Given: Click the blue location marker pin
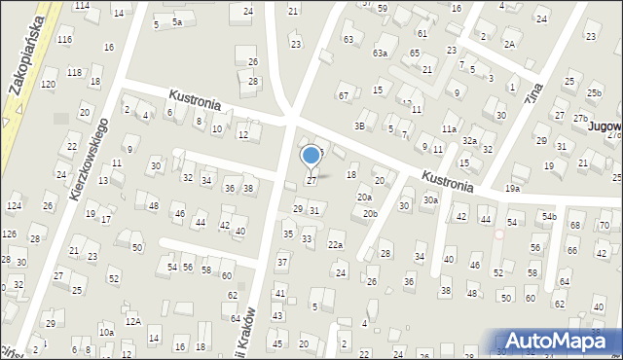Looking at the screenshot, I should coord(311,157).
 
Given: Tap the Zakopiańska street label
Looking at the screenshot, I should coord(26,57).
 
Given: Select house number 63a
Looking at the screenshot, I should coord(380,53).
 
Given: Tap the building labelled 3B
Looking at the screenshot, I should coord(359,126).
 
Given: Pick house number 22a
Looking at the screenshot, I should coord(336,244).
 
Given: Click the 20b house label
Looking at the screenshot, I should coord(370,213).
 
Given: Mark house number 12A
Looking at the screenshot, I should coord(132,321).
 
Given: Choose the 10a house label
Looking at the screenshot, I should coord(106,332).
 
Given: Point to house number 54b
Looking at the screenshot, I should coord(550,216).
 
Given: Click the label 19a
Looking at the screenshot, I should coord(512,188).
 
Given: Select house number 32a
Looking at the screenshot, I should coord(469,140).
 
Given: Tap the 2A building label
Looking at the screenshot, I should coord(509,44).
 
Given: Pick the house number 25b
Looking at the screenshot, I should coord(594,92).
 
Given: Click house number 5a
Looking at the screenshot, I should coord(176,21).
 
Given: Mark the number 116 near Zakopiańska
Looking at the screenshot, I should coord(64,39).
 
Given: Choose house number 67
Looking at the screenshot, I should coord(343,95).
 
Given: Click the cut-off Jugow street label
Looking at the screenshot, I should coord(604,100).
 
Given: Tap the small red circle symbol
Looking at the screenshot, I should coord(499,234).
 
